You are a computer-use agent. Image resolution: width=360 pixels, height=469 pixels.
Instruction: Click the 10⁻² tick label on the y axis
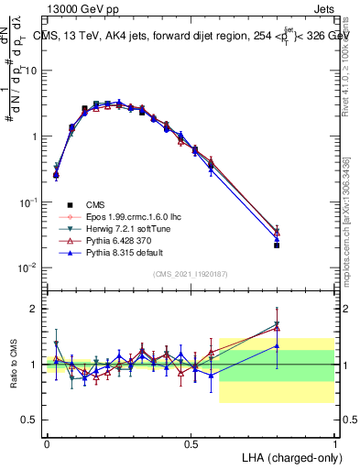27,267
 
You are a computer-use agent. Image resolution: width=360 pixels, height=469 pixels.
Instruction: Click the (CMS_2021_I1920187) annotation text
191,274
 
